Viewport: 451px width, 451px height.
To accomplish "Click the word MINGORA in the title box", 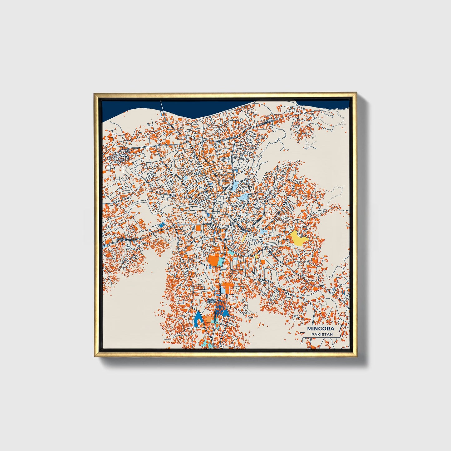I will tap(321, 329).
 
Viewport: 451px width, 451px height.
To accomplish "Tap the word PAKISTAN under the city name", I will tap(322, 334).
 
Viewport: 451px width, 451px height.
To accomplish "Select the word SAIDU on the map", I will tap(211, 300).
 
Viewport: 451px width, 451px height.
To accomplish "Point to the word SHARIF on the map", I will tap(211, 302).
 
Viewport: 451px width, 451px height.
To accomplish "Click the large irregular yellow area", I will tap(298, 238).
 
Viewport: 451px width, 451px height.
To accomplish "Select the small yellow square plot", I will tap(257, 256).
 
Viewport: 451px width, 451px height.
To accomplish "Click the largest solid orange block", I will tap(214, 260).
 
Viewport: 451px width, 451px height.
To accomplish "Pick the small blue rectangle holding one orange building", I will tap(162, 225).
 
